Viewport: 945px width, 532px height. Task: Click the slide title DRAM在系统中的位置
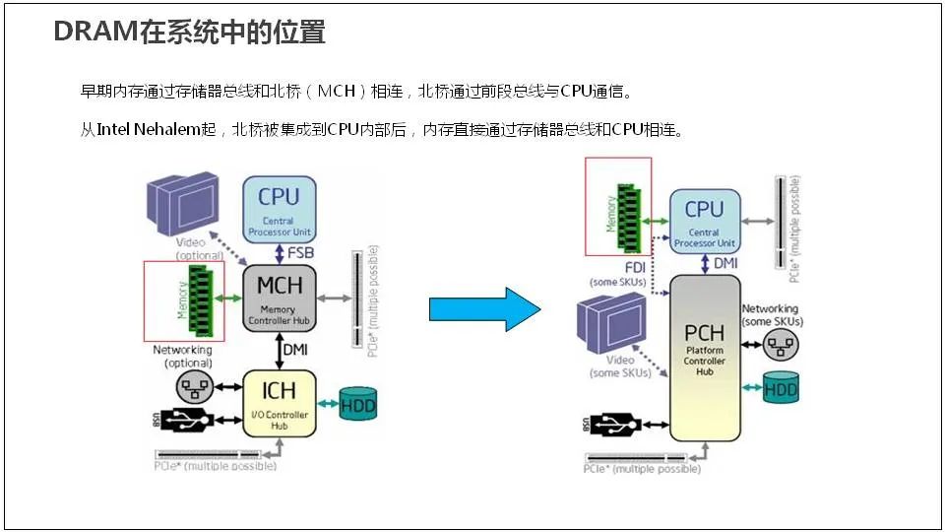tap(189, 33)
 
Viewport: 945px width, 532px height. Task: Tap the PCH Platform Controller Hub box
tap(705, 357)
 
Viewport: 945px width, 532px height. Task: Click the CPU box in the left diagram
tap(279, 206)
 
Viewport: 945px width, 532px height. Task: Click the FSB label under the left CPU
tap(301, 253)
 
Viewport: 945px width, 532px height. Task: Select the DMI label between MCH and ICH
tap(295, 349)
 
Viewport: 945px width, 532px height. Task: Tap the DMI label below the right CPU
tap(725, 263)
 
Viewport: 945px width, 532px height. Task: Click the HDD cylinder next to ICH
tap(357, 403)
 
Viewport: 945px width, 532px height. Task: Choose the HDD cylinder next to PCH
tap(781, 389)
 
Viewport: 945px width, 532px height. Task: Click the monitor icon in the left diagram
tap(182, 202)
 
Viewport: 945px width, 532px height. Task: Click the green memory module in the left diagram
tap(201, 299)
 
